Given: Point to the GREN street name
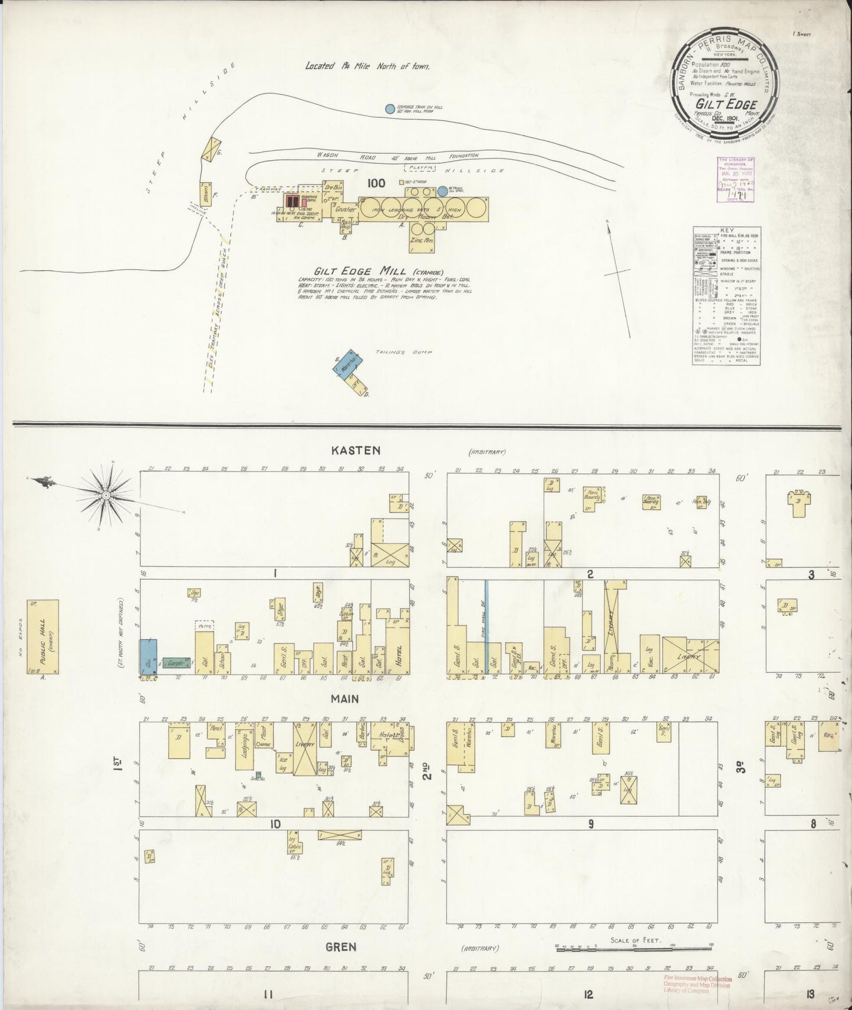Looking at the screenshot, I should pyautogui.click(x=340, y=947).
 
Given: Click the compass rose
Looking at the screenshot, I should pyautogui.click(x=106, y=496).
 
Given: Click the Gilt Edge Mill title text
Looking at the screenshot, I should pyautogui.click(x=350, y=270).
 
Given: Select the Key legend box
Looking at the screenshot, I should pyautogui.click(x=726, y=295).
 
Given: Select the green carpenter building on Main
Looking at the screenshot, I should pyautogui.click(x=175, y=663).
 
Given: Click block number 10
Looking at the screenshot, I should pyautogui.click(x=275, y=824).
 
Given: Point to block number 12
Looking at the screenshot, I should pyautogui.click(x=588, y=995).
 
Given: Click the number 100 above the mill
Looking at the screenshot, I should pyautogui.click(x=376, y=183).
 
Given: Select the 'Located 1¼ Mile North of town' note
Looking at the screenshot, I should pyautogui.click(x=367, y=67).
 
